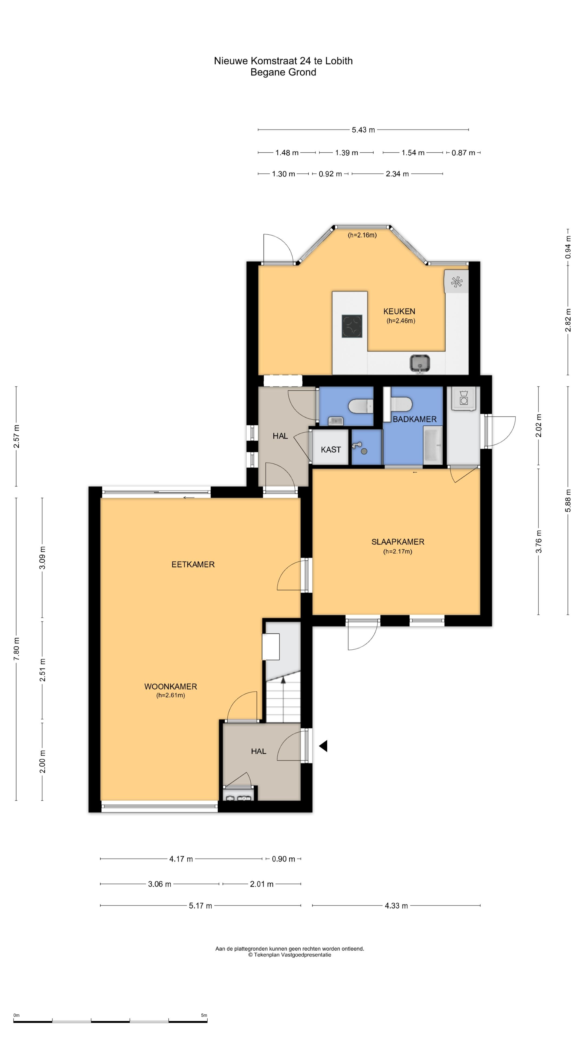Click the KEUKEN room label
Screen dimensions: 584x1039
(x=399, y=311)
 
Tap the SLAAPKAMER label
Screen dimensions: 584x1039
(x=398, y=542)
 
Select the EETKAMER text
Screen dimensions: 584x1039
(x=193, y=564)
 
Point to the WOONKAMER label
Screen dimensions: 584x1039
(x=171, y=686)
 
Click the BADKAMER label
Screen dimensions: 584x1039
(x=415, y=419)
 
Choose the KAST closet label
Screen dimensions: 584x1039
(x=331, y=450)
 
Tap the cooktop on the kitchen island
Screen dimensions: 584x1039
(x=352, y=326)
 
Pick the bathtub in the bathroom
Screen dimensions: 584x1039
(x=433, y=445)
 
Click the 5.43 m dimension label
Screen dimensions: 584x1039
(x=363, y=130)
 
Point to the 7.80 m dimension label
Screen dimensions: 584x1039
(x=16, y=649)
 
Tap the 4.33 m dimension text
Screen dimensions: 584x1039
(x=396, y=906)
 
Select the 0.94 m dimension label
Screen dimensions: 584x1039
(x=568, y=247)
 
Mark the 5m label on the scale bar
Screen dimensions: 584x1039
(x=204, y=1015)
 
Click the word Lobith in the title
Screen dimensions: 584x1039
(x=339, y=61)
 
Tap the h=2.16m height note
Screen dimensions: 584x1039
(x=362, y=235)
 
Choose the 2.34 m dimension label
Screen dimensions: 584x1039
(x=397, y=174)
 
